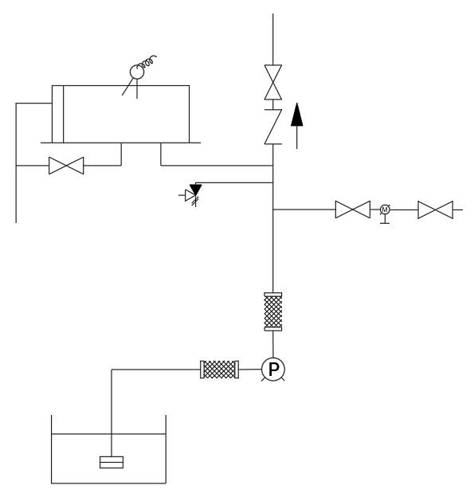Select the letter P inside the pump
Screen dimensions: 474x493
pos(273,369)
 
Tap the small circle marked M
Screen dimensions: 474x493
pos(385,209)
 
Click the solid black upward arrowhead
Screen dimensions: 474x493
pos(297,115)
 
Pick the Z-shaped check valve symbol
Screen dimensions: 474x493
pos(273,127)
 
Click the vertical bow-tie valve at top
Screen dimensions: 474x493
pos(273,82)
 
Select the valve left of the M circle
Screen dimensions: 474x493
pos(353,209)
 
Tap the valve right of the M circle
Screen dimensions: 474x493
pos(435,209)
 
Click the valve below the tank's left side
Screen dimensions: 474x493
pos(66,166)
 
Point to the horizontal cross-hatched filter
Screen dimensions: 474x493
pos(220,370)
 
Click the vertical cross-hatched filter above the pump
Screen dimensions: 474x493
pos(273,311)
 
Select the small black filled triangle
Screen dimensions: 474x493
pos(196,190)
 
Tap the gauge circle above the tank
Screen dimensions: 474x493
pos(137,72)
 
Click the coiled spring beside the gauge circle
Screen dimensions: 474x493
pos(148,62)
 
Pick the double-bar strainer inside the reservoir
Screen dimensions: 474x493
pos(112,462)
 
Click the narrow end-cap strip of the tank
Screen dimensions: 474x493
pos(58,114)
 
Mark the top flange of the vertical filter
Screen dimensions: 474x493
pos(273,295)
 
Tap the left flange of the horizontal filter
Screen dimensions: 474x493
pos(202,370)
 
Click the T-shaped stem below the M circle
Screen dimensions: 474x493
pos(385,219)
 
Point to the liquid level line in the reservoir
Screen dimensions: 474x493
pos(108,434)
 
